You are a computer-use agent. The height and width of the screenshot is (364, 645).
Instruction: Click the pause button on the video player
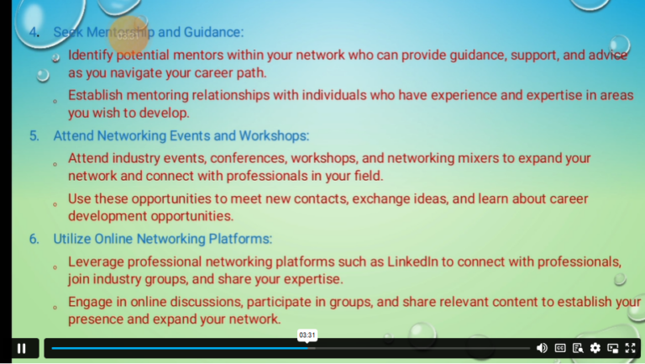(x=22, y=348)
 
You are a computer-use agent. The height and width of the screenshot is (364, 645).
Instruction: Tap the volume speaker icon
(x=542, y=348)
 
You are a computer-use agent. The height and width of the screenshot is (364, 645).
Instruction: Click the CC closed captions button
(x=560, y=348)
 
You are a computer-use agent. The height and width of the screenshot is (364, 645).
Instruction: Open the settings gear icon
(x=595, y=348)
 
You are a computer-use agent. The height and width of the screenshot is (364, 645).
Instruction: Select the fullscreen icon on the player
(x=631, y=348)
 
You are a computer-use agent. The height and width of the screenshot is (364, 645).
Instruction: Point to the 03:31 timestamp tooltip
(x=307, y=335)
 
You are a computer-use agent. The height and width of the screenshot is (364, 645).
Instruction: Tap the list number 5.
(x=34, y=135)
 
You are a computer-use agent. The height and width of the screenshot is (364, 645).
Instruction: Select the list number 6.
(x=34, y=239)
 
